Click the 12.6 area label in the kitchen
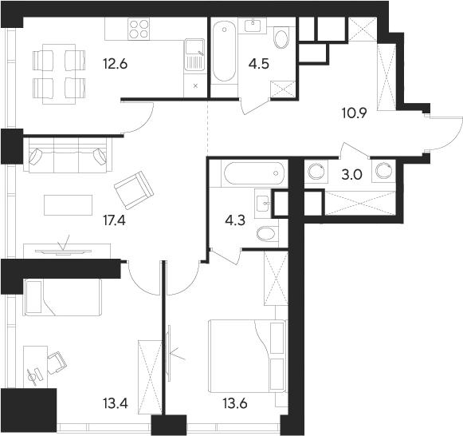(x=116, y=64)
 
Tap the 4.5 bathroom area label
(x=259, y=64)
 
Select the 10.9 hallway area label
(x=354, y=113)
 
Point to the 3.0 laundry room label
(x=351, y=175)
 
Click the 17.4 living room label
(x=114, y=220)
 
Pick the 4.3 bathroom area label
(x=235, y=220)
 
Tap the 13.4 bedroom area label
(x=116, y=403)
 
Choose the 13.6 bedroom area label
(x=235, y=403)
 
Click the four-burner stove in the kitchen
(x=139, y=29)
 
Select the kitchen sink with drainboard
(x=194, y=55)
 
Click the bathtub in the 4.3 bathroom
(x=254, y=173)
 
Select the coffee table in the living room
(x=69, y=204)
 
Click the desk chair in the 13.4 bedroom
(x=57, y=363)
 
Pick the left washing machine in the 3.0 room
(x=316, y=171)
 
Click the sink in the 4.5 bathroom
(x=253, y=25)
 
